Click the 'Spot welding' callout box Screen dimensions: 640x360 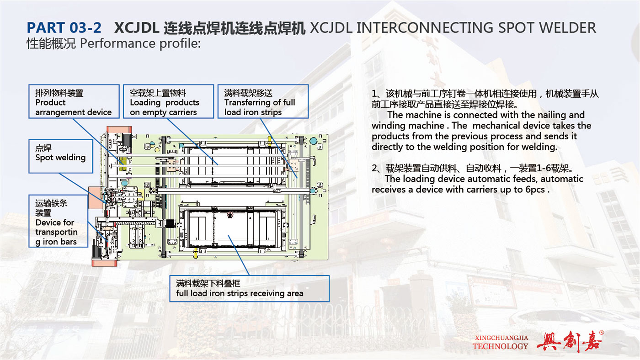coord(61,156)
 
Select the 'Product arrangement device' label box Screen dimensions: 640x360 coord(74,101)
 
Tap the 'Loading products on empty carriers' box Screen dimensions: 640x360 coord(169,101)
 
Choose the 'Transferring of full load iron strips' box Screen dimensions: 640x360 coord(263,101)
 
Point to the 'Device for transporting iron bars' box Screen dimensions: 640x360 coord(59,221)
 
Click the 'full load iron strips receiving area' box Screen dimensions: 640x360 coord(250,289)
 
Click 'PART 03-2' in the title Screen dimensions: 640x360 coord(64,28)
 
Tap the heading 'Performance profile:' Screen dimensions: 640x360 coord(140,43)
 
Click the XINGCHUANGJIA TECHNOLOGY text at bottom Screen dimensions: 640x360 coord(500,342)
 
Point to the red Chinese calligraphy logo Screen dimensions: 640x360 coord(569,341)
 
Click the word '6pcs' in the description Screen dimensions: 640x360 coord(535,190)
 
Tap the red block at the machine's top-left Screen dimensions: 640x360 coord(119,129)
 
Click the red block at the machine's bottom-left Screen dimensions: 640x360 coord(105,263)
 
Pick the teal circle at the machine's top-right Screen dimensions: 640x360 coord(314,141)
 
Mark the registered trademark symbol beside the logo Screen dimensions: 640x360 coord(602,333)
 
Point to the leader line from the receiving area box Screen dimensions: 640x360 coord(239,255)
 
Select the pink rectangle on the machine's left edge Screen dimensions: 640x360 coord(95,198)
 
